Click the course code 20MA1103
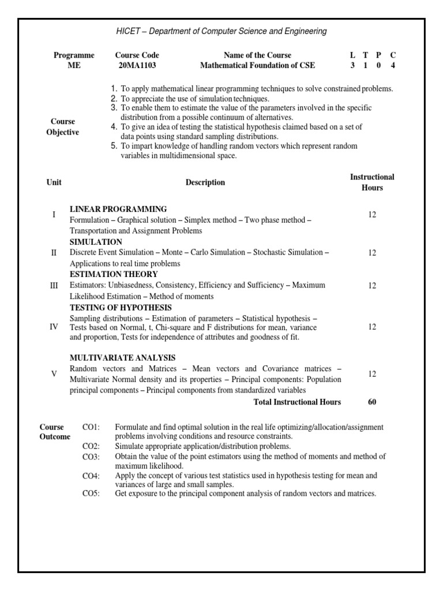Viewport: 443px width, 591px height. [x=137, y=66]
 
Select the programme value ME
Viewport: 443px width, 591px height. [x=74, y=66]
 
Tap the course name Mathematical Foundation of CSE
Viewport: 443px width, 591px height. [x=257, y=66]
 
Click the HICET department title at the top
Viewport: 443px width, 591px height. [x=221, y=31]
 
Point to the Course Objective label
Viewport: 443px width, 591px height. [x=63, y=127]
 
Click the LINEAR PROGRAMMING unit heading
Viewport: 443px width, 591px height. [x=118, y=209]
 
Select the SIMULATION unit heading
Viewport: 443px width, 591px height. [x=96, y=242]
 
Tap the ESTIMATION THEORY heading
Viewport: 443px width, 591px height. [x=114, y=274]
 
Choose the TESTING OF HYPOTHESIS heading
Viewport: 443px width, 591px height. [x=121, y=308]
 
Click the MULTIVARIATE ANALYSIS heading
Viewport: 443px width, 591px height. [x=122, y=358]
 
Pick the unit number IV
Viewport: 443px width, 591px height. [x=54, y=327]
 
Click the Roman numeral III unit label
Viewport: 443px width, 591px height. [x=54, y=285]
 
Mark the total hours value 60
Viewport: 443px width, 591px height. [x=372, y=402]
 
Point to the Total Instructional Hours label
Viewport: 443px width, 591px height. [x=297, y=402]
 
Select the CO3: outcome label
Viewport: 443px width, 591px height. [x=91, y=457]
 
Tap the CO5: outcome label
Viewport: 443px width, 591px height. [x=91, y=493]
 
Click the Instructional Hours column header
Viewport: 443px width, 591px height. [x=372, y=182]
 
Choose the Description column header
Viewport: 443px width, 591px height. [x=205, y=182]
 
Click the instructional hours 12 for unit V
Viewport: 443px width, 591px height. [x=372, y=374]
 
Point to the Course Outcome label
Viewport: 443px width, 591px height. [x=55, y=432]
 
